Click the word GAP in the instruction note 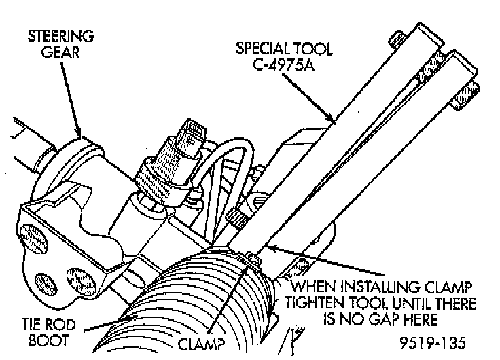pos(402,317)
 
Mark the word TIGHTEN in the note pos(327,302)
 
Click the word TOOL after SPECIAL pos(312,49)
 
